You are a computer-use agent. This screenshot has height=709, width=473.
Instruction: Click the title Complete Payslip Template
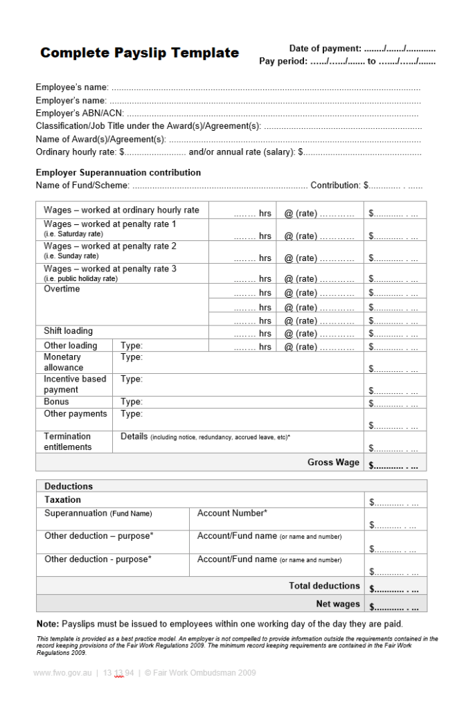coord(139,53)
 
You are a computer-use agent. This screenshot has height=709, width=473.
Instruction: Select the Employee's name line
coord(228,87)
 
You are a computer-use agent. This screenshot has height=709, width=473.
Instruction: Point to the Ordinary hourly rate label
coord(77,152)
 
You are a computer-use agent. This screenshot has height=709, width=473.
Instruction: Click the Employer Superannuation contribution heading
coord(118,172)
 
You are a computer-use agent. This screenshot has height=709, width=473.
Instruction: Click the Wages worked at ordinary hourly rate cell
coord(121,210)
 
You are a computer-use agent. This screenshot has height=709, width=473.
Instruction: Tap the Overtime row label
coord(62,289)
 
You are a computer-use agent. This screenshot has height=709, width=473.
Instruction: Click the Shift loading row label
coord(68,332)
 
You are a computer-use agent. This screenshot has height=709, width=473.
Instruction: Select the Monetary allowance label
coord(63,362)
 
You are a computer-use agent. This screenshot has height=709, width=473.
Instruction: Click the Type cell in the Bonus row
coord(132,402)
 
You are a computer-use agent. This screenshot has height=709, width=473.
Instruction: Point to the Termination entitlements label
coord(67,442)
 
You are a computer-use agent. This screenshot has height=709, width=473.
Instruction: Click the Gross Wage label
coord(333,463)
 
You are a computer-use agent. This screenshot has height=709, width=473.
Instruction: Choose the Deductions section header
coord(69,486)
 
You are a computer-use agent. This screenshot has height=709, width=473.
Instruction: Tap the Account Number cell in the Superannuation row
coord(232,513)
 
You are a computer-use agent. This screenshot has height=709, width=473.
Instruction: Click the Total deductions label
coord(324,586)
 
